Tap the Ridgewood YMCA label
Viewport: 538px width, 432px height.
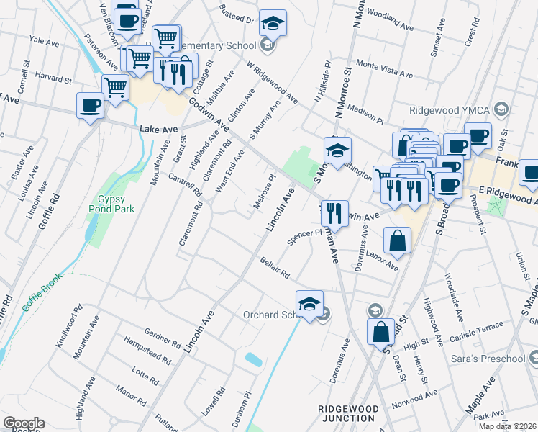tap(448, 111)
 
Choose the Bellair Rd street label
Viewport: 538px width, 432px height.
tap(274, 268)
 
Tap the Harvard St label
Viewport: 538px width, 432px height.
tap(48, 75)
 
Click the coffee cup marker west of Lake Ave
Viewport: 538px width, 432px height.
tap(90, 106)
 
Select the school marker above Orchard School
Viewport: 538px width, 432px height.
tap(309, 304)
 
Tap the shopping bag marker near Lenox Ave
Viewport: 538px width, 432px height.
tap(397, 241)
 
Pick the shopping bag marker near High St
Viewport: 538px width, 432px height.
tap(381, 332)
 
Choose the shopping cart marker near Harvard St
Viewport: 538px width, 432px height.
tap(115, 89)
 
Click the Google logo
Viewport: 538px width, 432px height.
tap(23, 423)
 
